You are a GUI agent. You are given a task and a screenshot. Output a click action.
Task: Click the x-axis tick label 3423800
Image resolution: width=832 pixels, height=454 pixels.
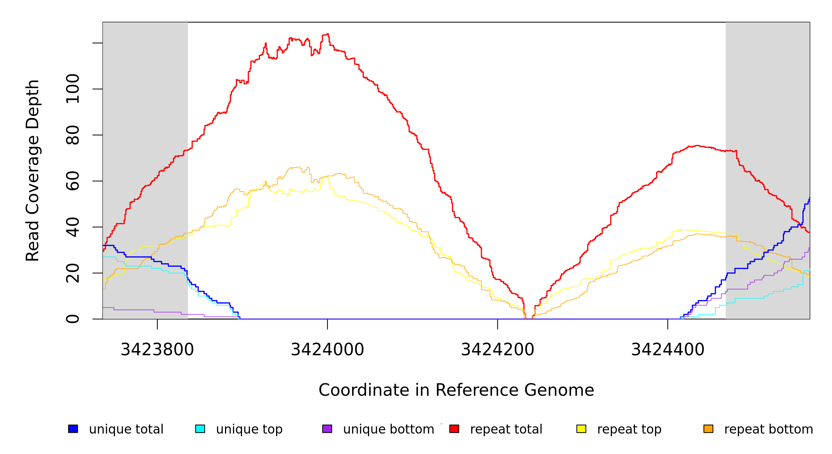tap(157, 350)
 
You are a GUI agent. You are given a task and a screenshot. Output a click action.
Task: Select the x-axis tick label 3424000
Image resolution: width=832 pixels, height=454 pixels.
tap(327, 350)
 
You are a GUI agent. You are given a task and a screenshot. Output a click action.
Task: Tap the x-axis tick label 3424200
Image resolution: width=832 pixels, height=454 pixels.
tap(497, 350)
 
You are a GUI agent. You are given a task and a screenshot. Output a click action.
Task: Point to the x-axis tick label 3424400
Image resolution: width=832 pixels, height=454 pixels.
tap(667, 350)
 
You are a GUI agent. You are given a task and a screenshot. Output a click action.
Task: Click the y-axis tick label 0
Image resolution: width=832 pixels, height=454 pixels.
tap(73, 319)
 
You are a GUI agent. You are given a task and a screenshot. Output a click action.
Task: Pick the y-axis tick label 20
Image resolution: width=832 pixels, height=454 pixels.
tap(73, 273)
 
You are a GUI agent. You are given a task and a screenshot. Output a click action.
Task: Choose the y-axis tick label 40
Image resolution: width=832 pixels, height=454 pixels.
tap(73, 227)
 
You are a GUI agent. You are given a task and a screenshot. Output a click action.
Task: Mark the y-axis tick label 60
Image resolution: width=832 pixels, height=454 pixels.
tap(73, 181)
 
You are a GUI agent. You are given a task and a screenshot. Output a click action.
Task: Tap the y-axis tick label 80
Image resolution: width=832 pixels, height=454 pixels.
tap(73, 135)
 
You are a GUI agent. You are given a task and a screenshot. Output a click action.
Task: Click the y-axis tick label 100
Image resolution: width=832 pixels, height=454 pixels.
tap(73, 89)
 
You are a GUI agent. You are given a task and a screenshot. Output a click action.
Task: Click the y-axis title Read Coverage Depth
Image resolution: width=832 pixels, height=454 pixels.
tap(33, 170)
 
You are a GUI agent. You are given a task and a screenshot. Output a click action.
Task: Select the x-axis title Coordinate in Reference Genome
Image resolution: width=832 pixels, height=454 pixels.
tap(456, 390)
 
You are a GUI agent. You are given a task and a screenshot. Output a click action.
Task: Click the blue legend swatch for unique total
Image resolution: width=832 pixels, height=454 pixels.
tap(73, 429)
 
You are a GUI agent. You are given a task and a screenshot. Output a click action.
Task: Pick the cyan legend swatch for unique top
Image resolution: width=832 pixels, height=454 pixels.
tap(200, 429)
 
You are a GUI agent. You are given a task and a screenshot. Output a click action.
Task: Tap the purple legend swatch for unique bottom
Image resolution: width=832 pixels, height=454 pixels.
tap(327, 429)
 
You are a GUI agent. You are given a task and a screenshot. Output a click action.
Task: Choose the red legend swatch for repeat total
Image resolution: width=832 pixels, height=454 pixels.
tap(454, 429)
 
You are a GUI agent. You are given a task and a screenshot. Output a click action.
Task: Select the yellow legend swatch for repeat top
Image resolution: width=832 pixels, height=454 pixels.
tap(581, 429)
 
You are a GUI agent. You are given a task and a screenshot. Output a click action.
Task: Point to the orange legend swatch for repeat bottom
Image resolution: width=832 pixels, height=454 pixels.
tap(708, 429)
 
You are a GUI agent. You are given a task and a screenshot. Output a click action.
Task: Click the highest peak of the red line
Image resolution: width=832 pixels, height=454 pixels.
tap(328, 34)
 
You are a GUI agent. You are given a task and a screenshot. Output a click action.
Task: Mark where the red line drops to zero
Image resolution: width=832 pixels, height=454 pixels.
tap(529, 319)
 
